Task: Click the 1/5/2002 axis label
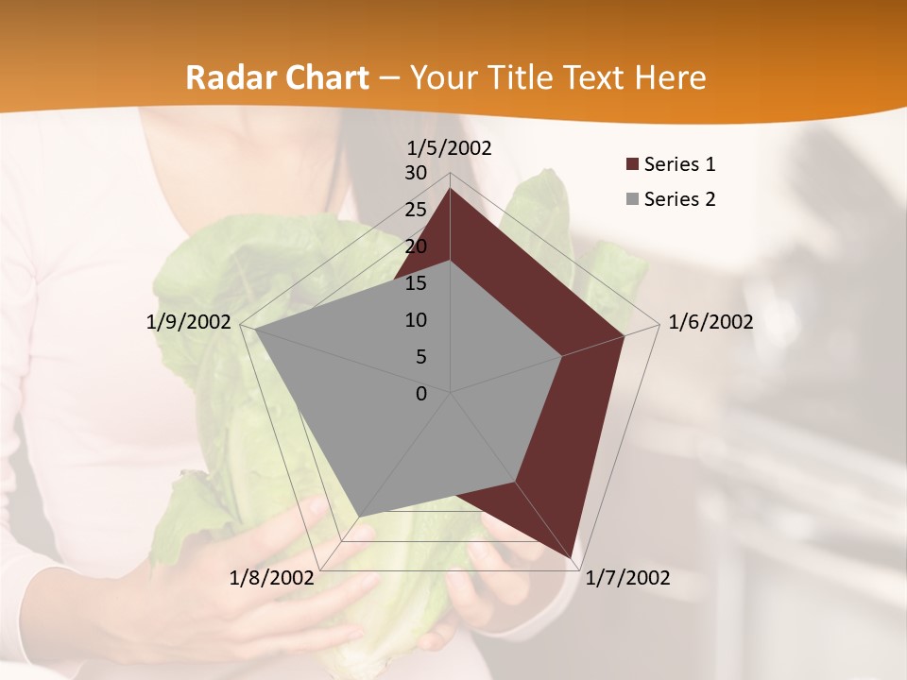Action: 450,148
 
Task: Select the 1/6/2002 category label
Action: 710,322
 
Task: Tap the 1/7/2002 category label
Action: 627,578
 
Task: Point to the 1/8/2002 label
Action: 272,578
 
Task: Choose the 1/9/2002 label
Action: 189,322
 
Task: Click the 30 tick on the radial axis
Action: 416,173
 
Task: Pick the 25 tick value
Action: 416,210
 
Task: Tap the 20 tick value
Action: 416,246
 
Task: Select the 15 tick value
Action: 416,283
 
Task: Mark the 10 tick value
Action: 416,320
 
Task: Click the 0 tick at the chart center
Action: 421,394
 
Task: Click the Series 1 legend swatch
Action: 632,165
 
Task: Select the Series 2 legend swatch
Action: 632,199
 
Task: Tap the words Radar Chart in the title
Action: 277,77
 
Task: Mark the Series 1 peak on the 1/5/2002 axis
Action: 450,189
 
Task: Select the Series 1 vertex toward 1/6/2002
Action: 624,335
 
